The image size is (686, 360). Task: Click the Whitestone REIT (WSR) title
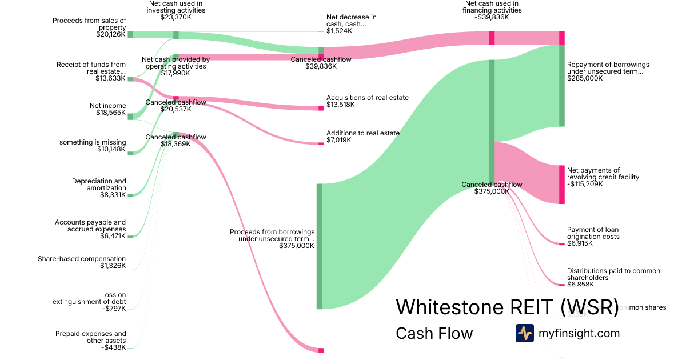[x=507, y=307]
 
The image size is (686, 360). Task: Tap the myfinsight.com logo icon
[x=524, y=333]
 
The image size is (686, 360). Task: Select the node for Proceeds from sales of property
[x=130, y=34]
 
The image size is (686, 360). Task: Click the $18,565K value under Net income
[x=111, y=113]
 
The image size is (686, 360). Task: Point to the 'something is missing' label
[x=93, y=142]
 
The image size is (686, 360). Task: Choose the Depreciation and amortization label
[x=99, y=185]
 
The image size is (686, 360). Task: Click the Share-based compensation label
[x=82, y=259]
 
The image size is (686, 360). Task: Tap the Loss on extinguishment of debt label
[x=89, y=298]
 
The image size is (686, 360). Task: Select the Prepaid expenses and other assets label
[x=90, y=337]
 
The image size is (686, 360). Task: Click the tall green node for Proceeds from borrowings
[x=319, y=246]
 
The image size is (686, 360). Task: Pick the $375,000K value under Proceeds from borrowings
[x=297, y=246]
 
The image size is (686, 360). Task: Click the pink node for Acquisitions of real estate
[x=321, y=108]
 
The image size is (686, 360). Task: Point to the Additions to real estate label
[x=363, y=133]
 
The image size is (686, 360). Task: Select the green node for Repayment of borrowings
[x=561, y=85]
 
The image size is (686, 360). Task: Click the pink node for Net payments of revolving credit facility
[x=561, y=184]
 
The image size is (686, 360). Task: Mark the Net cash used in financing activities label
[x=492, y=7]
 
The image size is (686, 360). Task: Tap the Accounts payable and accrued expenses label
[x=90, y=226]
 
